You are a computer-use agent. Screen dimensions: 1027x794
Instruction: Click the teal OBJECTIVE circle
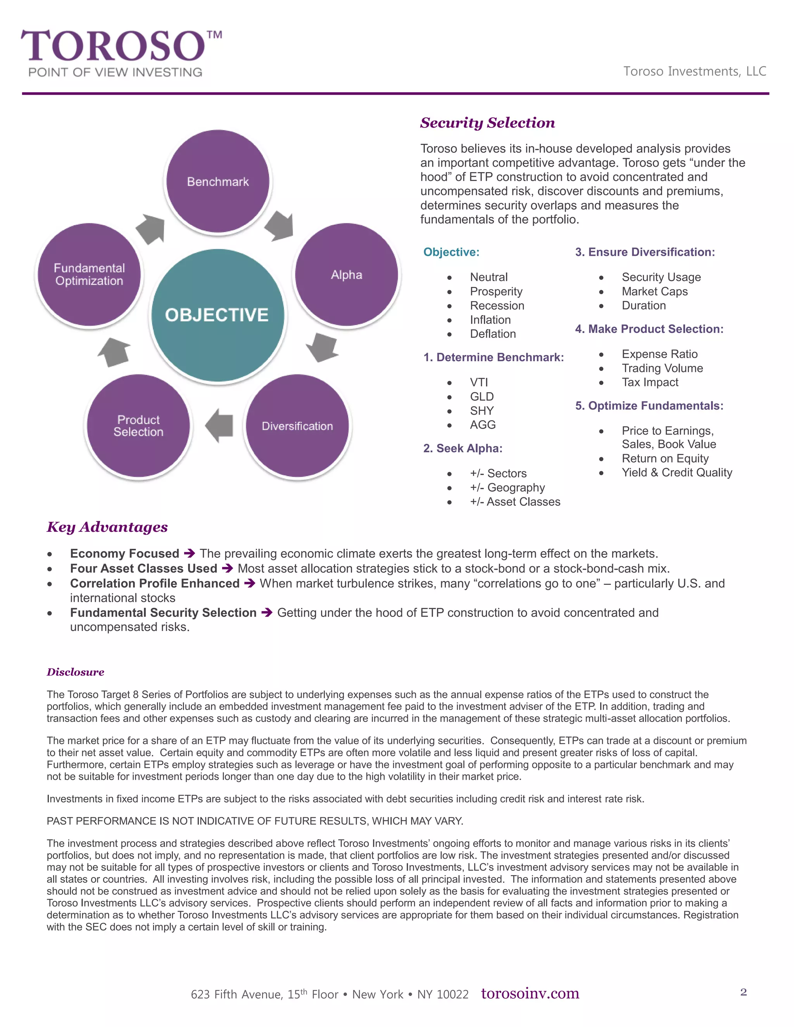pyautogui.click(x=217, y=315)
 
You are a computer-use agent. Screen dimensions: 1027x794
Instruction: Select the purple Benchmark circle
pyautogui.click(x=218, y=181)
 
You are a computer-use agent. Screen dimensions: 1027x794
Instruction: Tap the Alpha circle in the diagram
pyautogui.click(x=347, y=275)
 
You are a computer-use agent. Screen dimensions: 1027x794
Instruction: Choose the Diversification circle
pyautogui.click(x=297, y=426)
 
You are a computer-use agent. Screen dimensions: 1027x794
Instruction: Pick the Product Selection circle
pyautogui.click(x=138, y=426)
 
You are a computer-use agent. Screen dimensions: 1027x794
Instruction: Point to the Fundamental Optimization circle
pyautogui.click(x=90, y=275)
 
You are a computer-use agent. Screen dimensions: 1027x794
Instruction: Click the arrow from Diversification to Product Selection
pyautogui.click(x=220, y=426)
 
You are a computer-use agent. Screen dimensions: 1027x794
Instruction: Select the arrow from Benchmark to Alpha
pyautogui.click(x=280, y=226)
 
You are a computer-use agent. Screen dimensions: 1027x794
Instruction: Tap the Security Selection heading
pyautogui.click(x=487, y=123)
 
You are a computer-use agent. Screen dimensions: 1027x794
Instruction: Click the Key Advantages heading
pyautogui.click(x=107, y=527)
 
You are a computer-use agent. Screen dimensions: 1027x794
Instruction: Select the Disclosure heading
pyautogui.click(x=75, y=672)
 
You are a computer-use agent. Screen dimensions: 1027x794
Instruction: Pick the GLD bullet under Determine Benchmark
pyautogui.click(x=482, y=396)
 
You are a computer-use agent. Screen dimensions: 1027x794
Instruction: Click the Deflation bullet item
pyautogui.click(x=492, y=334)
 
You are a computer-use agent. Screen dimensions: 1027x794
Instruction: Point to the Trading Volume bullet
pyautogui.click(x=662, y=368)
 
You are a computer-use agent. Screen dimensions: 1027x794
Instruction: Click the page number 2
pyautogui.click(x=743, y=992)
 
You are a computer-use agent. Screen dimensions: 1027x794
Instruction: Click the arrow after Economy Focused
pyautogui.click(x=189, y=553)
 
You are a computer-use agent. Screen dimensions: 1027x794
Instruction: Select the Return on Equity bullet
pyautogui.click(x=665, y=458)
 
